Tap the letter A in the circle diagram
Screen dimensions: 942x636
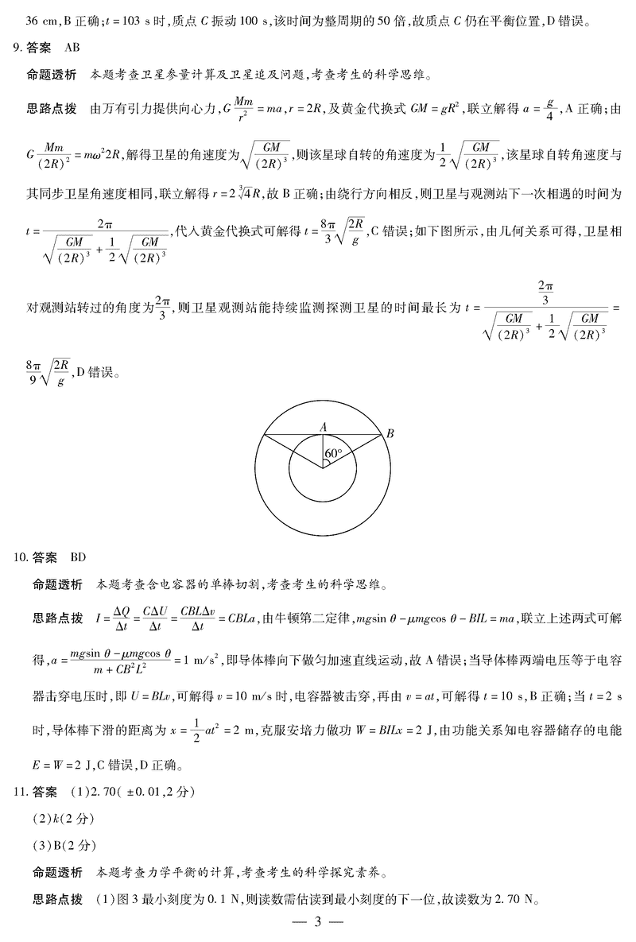pyautogui.click(x=324, y=427)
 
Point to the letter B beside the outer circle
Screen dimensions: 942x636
pyautogui.click(x=390, y=433)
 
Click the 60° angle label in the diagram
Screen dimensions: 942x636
pyautogui.click(x=333, y=454)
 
